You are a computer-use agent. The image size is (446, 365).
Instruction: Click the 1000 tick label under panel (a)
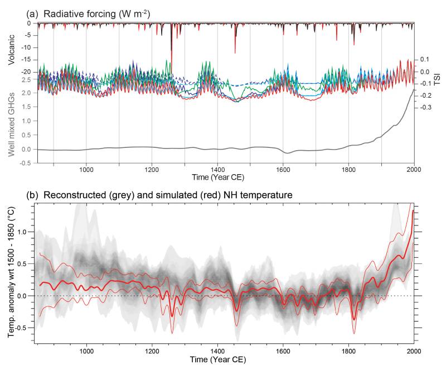click(x=86, y=168)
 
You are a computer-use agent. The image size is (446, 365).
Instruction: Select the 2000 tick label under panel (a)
click(x=413, y=168)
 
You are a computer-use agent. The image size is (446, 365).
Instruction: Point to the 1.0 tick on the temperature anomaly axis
click(x=25, y=232)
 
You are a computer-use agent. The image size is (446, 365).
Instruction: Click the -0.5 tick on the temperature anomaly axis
click(x=24, y=327)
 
